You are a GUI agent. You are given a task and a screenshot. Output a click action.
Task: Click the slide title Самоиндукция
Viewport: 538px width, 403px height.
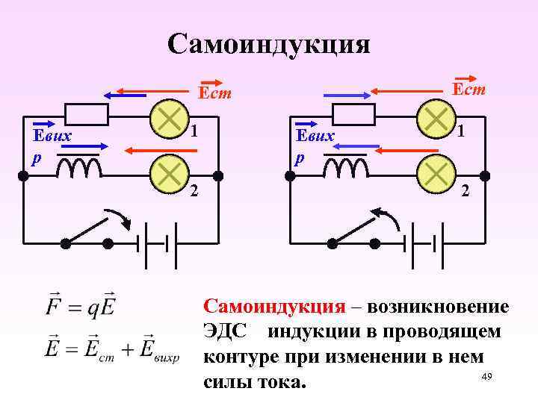(x=268, y=44)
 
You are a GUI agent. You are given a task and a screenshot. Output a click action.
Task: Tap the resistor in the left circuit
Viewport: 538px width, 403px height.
(x=87, y=115)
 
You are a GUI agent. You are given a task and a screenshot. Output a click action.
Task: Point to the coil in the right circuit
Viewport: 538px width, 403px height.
(x=346, y=169)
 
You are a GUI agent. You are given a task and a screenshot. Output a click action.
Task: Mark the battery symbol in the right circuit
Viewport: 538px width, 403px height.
(x=424, y=243)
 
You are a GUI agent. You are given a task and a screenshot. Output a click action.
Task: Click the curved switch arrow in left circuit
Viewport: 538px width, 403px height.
(x=120, y=218)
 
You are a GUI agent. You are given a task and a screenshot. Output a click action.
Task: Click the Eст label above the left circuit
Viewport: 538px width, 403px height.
(x=214, y=93)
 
